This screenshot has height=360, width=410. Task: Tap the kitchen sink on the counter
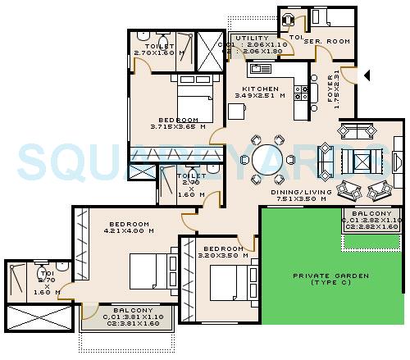tap(262, 70)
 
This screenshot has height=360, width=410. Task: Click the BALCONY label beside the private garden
tap(370, 213)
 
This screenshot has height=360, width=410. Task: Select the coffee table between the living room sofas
tap(360, 159)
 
